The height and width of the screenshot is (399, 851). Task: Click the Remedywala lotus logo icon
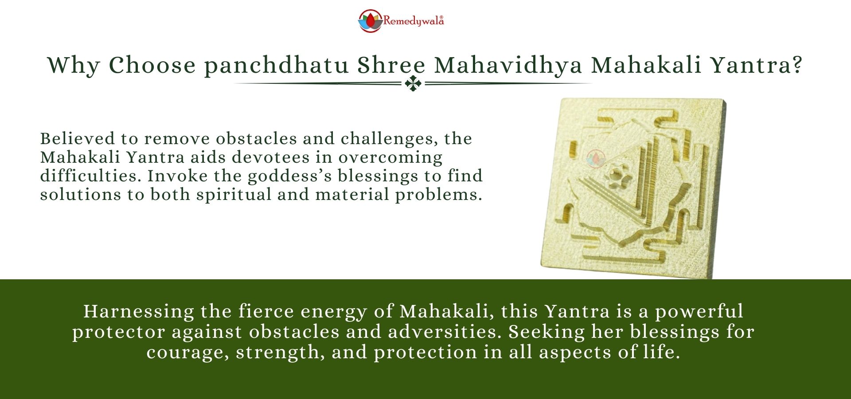370,21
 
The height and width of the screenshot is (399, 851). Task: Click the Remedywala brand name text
413,21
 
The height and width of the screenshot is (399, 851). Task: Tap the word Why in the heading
73,66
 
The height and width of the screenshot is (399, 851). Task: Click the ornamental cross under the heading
413,83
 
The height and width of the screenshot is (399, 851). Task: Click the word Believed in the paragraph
78,139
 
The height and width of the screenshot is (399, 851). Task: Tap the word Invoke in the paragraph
177,176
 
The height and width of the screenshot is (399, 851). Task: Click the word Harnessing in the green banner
139,311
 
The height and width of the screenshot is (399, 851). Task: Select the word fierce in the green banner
266,311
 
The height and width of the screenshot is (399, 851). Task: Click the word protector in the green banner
119,332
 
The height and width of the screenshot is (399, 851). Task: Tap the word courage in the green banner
188,352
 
